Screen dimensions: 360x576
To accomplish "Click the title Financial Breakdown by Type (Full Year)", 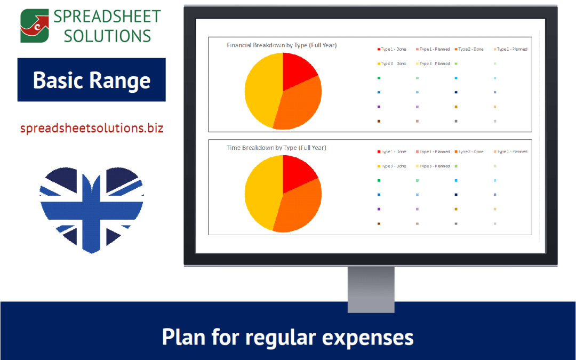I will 282,45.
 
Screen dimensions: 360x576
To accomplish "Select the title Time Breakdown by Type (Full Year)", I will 276,148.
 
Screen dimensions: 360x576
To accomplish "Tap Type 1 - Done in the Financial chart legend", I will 394,50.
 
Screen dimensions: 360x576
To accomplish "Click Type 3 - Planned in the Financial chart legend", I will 434,63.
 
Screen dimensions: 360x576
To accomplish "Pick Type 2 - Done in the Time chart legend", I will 471,152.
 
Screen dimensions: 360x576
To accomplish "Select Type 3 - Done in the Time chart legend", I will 394,166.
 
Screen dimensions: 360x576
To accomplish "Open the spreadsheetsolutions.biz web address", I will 92,129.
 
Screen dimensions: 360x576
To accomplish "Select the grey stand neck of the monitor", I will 371,288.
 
